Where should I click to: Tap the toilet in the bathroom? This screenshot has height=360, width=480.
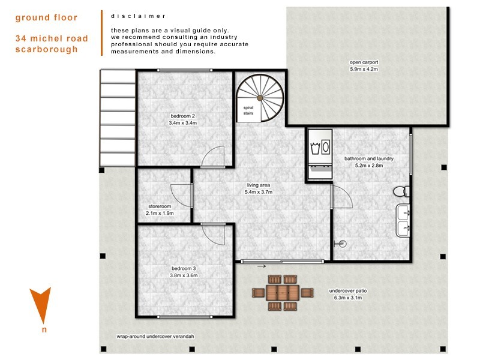(401, 191)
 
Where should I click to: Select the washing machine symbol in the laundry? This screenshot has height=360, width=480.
(320, 148)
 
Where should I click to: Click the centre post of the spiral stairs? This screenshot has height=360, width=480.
(260, 98)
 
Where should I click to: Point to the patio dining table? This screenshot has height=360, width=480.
(282, 293)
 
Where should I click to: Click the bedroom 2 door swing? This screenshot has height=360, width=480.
(213, 157)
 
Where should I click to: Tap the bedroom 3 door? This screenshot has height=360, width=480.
(214, 233)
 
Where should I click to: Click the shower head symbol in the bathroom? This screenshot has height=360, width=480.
(340, 244)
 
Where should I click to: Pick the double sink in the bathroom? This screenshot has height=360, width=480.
(403, 221)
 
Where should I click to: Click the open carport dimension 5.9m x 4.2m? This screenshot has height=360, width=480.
(364, 69)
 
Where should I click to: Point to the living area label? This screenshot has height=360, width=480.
(259, 185)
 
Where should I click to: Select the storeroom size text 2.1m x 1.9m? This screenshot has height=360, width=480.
(160, 213)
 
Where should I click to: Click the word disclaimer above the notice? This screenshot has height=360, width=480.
(138, 16)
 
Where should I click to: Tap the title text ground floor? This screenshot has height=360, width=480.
(46, 17)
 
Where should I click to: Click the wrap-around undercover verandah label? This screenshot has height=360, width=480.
(155, 337)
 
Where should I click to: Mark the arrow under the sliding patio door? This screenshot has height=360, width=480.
(262, 266)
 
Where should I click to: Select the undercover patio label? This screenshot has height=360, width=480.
(348, 291)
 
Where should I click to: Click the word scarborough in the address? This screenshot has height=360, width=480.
(47, 50)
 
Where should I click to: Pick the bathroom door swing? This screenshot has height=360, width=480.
(341, 197)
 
